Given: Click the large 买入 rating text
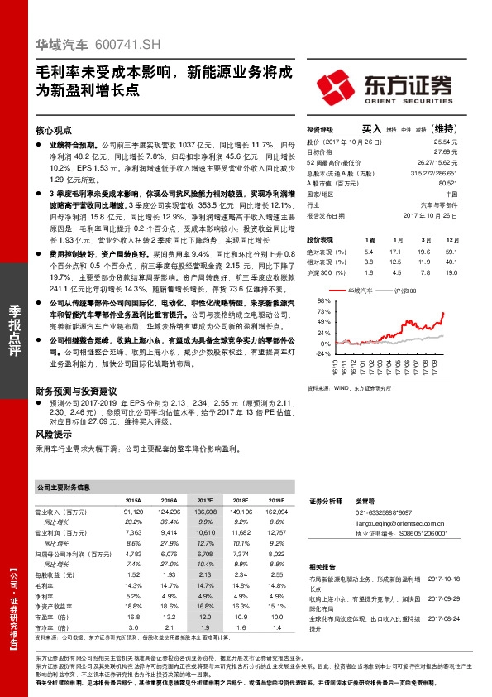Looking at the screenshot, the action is click(371, 130).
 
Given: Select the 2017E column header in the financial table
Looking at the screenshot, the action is click(205, 501).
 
